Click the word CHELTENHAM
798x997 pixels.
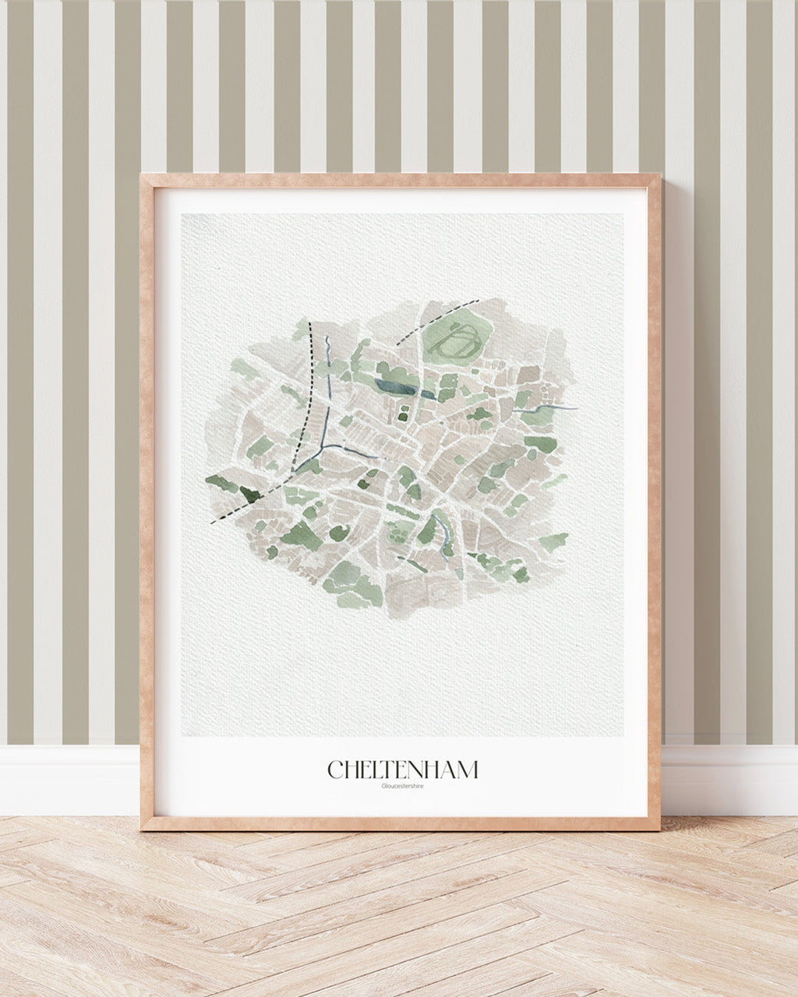[x=403, y=770]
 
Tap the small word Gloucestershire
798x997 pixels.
[x=403, y=786]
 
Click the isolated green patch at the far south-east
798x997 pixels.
[x=553, y=542]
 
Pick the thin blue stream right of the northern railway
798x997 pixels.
[x=328, y=347]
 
